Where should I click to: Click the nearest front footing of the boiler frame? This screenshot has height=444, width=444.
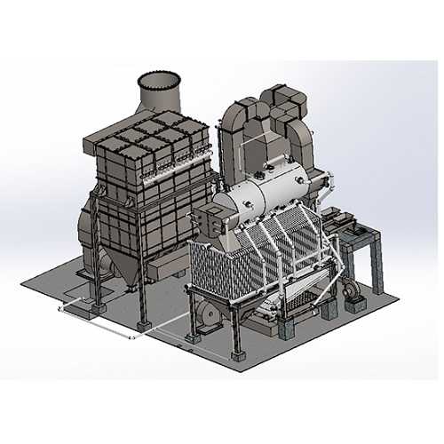point(239,356)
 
